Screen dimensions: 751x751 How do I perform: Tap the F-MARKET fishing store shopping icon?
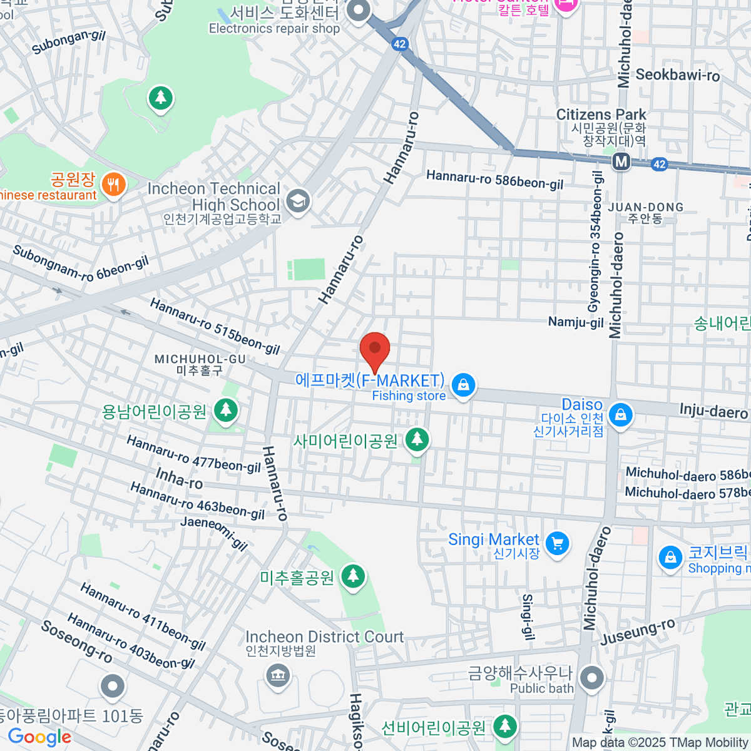[463, 386]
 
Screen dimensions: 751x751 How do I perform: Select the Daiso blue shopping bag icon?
[620, 415]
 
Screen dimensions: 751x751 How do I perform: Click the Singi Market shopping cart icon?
[557, 543]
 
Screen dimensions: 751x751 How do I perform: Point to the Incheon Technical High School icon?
[298, 202]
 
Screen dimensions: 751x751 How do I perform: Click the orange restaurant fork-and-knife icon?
[113, 185]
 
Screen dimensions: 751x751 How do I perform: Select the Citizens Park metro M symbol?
[621, 162]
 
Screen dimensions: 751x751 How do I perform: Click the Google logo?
[39, 737]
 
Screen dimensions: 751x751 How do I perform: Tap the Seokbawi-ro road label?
[677, 75]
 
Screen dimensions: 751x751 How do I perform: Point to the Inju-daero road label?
[713, 411]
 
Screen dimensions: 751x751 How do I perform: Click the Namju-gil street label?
[576, 322]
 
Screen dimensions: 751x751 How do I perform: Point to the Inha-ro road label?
[179, 479]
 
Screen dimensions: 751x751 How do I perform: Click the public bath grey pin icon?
[591, 678]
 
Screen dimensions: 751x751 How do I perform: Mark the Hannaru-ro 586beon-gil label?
[494, 180]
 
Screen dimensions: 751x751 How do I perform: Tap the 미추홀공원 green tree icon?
[353, 577]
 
